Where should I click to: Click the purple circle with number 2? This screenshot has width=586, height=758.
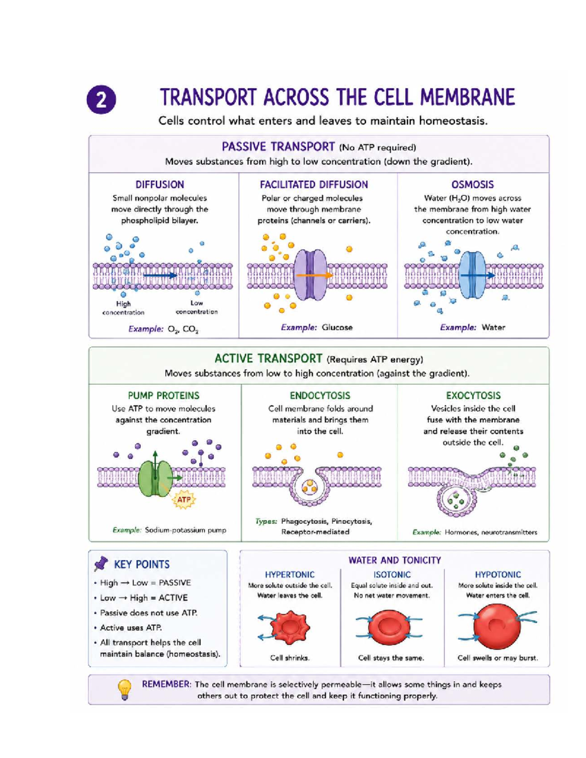click(101, 100)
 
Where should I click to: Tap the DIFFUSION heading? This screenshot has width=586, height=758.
click(160, 184)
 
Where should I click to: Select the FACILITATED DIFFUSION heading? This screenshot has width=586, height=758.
click(314, 184)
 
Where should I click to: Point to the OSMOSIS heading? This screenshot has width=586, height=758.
click(473, 184)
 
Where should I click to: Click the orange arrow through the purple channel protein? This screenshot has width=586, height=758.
click(314, 275)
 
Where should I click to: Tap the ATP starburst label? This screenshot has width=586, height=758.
click(184, 500)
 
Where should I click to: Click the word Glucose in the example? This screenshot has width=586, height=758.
click(337, 327)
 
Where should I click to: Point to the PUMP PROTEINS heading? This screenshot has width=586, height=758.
click(164, 395)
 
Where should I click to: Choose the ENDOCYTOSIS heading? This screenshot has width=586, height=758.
click(320, 395)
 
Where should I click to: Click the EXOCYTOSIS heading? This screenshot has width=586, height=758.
click(473, 395)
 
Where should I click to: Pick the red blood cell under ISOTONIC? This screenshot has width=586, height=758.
click(389, 627)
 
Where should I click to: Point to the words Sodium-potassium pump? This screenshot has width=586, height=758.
click(186, 530)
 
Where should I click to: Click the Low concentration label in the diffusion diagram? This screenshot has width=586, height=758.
click(196, 307)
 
